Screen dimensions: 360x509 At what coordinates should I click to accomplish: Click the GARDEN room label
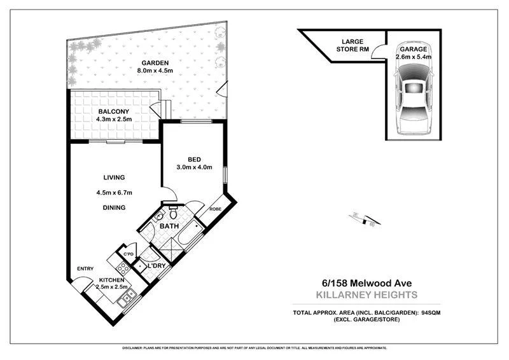pos(155,63)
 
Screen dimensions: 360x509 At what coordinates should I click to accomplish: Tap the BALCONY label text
pos(113,110)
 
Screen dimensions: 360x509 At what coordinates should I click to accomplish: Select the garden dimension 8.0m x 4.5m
pos(155,71)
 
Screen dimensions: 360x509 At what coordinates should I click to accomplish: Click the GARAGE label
pos(414,49)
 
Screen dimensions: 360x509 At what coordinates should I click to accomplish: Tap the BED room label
pos(195,160)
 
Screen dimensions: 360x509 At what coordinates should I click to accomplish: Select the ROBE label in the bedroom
pos(215,208)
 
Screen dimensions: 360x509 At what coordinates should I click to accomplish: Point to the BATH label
pos(169,226)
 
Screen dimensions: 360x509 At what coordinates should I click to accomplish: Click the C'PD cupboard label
pos(128,254)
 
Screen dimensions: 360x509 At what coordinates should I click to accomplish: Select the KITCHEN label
pos(111,280)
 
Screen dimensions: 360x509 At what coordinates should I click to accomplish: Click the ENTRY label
pos(85,268)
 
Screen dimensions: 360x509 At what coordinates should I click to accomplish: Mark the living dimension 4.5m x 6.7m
pos(113,193)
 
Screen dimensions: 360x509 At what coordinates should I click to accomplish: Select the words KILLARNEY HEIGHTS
pos(366,295)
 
